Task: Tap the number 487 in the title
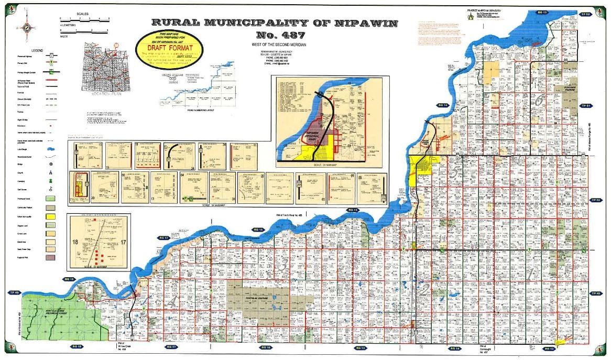pos(275,36)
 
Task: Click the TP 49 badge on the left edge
pos(14,292)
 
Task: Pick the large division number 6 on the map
pos(540,100)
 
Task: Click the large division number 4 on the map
pos(172,301)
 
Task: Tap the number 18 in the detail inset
pos(77,242)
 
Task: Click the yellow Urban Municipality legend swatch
pos(50,216)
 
